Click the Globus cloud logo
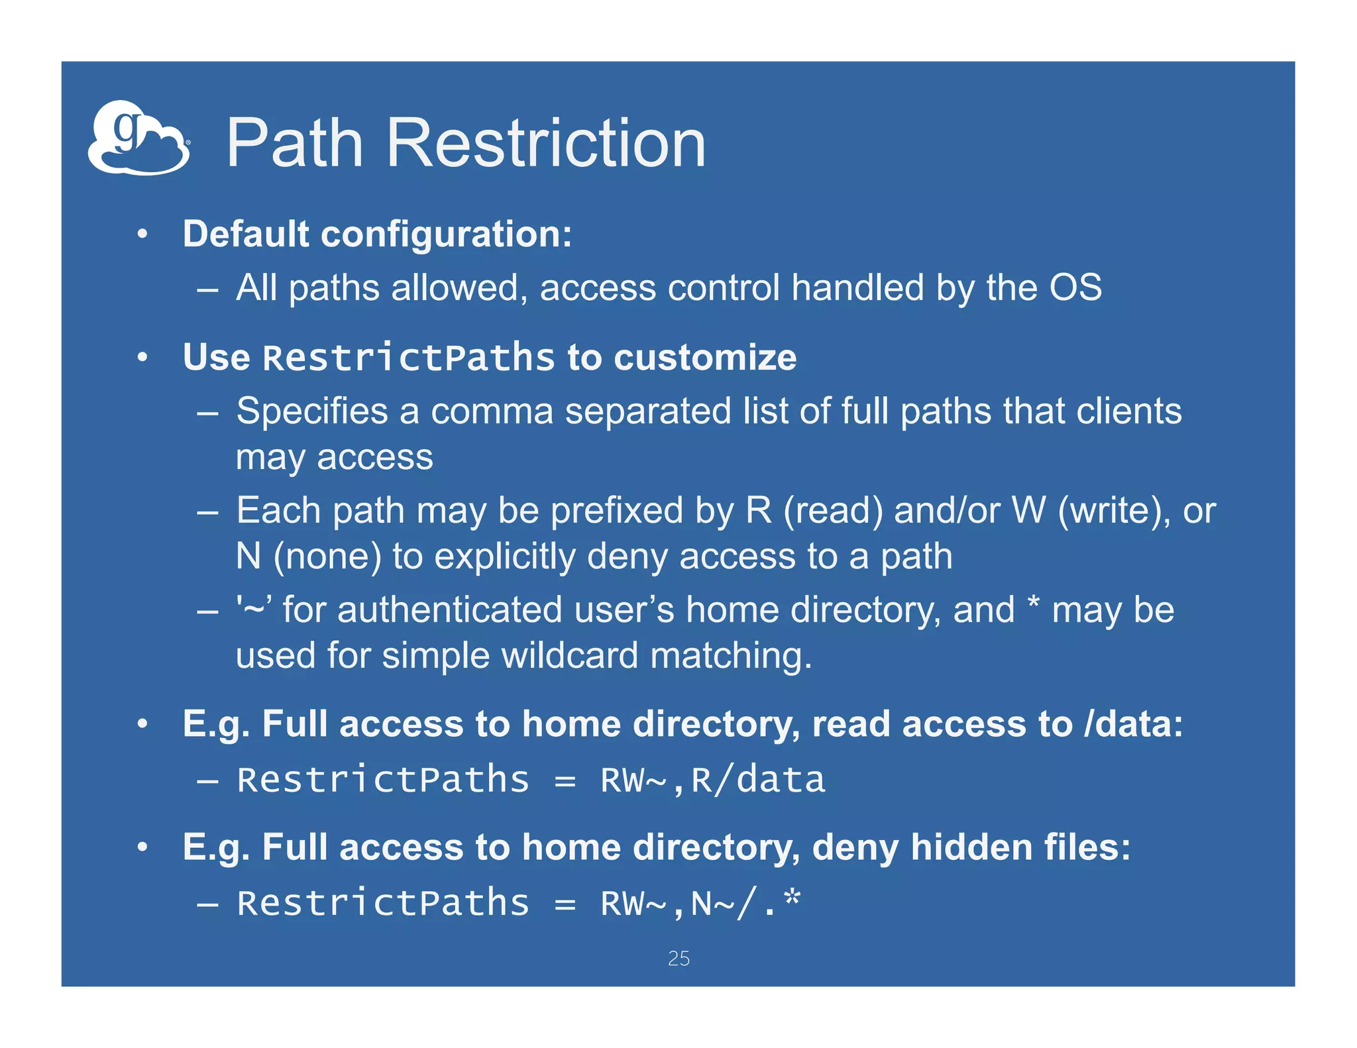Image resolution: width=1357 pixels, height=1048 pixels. point(138,138)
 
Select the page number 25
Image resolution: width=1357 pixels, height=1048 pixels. point(678,958)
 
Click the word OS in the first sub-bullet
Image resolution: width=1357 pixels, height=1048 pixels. point(1075,288)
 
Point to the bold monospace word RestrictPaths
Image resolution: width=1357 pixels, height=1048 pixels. point(408,358)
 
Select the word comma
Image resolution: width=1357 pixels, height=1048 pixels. point(492,411)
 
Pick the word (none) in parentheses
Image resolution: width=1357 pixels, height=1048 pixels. point(327,556)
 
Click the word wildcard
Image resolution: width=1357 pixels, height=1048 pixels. point(570,656)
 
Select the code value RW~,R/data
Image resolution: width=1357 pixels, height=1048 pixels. point(712,780)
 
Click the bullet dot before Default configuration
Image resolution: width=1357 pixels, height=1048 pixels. point(142,234)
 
